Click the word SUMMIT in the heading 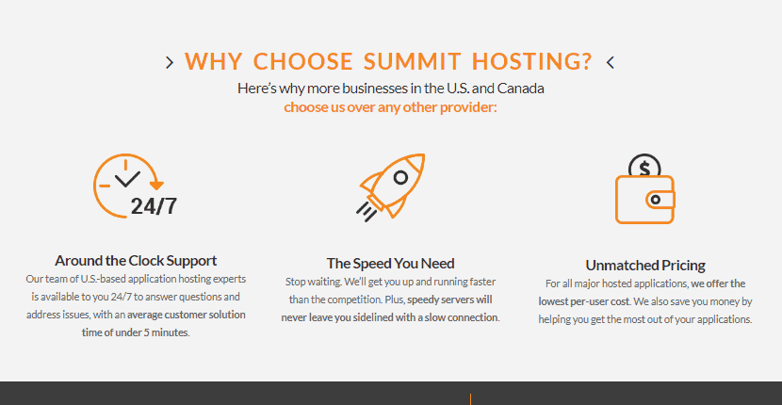pyautogui.click(x=412, y=61)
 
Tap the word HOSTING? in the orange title pyautogui.click(x=531, y=61)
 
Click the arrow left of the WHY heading pyautogui.click(x=170, y=62)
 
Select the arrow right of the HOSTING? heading pyautogui.click(x=610, y=62)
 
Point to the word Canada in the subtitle pyautogui.click(x=520, y=89)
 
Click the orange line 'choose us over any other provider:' pyautogui.click(x=390, y=107)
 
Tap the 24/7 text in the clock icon pyautogui.click(x=154, y=205)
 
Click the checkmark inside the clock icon pyautogui.click(x=127, y=179)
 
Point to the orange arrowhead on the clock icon pyautogui.click(x=156, y=186)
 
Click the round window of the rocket pyautogui.click(x=400, y=177)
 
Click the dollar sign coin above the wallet pyautogui.click(x=644, y=166)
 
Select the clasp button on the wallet pyautogui.click(x=657, y=200)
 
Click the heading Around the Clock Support pyautogui.click(x=136, y=261)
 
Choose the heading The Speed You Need pyautogui.click(x=390, y=264)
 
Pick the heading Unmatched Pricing pyautogui.click(x=645, y=266)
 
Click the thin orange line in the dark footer pyautogui.click(x=470, y=399)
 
